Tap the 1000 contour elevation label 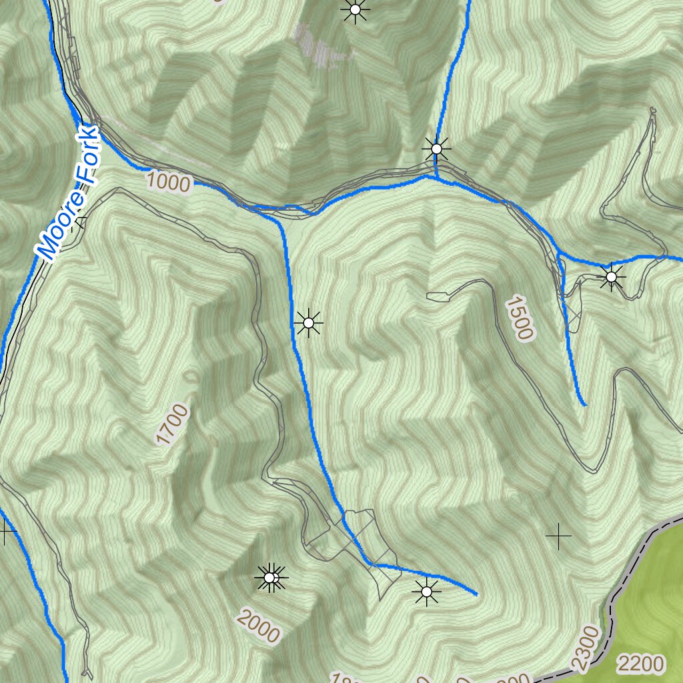(168, 181)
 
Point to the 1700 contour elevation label (172, 424)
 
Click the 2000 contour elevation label (258, 627)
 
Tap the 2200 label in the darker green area (640, 664)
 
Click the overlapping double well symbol (271, 578)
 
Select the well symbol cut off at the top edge (355, 9)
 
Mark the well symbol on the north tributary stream (436, 148)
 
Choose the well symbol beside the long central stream (308, 323)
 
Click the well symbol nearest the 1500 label (611, 276)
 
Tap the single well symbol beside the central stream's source (426, 591)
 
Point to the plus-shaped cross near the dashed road (558, 535)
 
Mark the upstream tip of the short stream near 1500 (585, 404)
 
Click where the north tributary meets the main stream (436, 177)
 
